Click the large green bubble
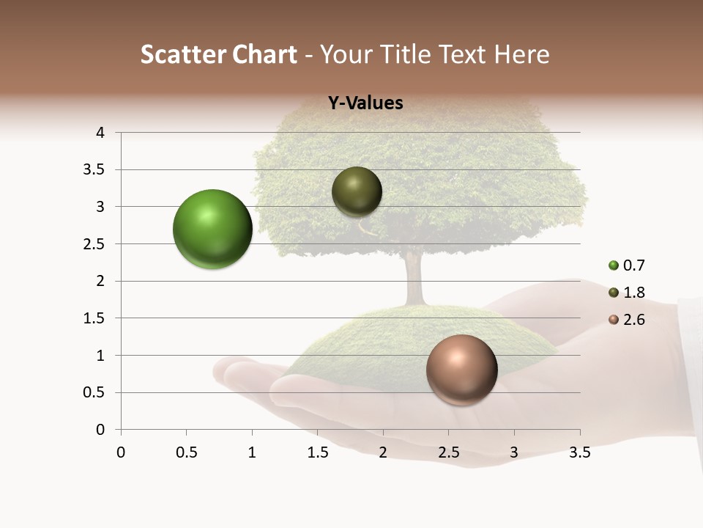coord(212,229)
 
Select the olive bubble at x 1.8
coord(357,191)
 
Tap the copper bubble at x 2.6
coord(461,370)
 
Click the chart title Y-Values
coord(365,103)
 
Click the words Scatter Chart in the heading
coord(219,54)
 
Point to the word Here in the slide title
coord(521,54)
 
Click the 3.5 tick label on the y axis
coord(95,169)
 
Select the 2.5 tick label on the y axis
coord(95,243)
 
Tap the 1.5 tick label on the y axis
coord(95,318)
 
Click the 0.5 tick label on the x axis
coord(186,452)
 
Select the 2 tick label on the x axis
coord(383,452)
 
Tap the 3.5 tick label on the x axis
coord(579,452)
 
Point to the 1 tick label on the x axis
coord(252,452)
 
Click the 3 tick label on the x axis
coord(514,452)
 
